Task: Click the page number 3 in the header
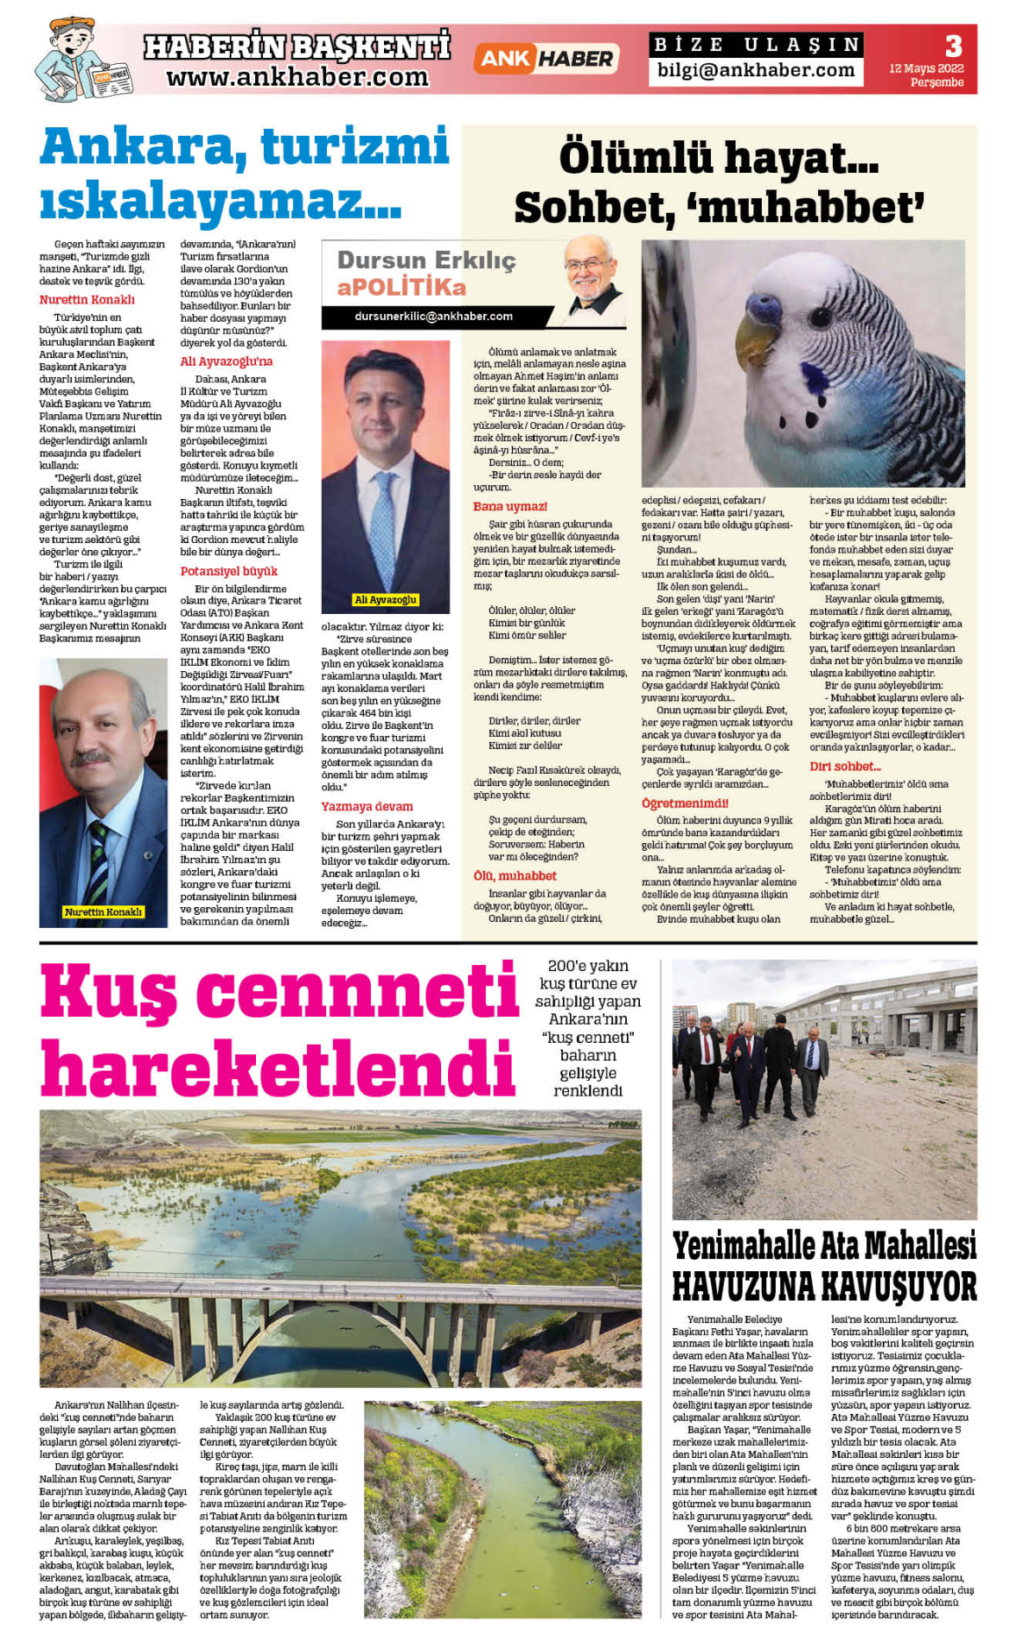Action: tap(953, 46)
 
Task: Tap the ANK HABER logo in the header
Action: tap(545, 59)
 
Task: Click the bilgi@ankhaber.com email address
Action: tap(755, 71)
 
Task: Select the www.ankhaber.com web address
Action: tap(297, 77)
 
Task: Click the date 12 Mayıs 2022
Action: tap(926, 68)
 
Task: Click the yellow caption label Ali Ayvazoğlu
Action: tap(386, 599)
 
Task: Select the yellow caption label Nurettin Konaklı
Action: tap(103, 911)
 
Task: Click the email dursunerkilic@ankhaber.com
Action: tap(433, 316)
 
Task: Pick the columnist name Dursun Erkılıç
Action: tap(426, 260)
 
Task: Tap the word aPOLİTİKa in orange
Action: tap(401, 287)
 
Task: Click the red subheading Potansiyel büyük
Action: tap(228, 572)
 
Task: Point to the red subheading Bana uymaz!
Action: tap(509, 507)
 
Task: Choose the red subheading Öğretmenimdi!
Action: tap(685, 803)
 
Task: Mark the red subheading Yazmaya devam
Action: tap(367, 807)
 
